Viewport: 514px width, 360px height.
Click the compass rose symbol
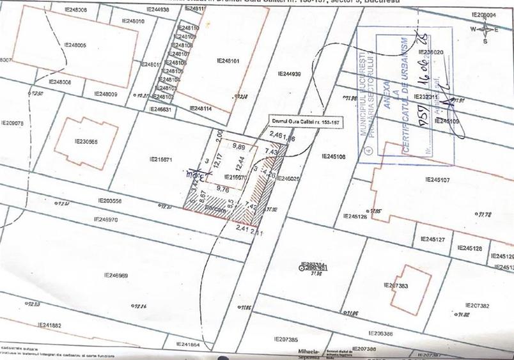tap(487, 29)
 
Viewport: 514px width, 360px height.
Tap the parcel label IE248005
tap(75, 46)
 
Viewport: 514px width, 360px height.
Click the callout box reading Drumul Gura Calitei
tap(299, 122)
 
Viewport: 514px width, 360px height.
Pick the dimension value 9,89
tap(239, 146)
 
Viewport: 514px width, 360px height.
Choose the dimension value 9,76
tap(223, 189)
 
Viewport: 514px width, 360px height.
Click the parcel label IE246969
tap(116, 276)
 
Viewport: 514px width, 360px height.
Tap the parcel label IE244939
tap(290, 74)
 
